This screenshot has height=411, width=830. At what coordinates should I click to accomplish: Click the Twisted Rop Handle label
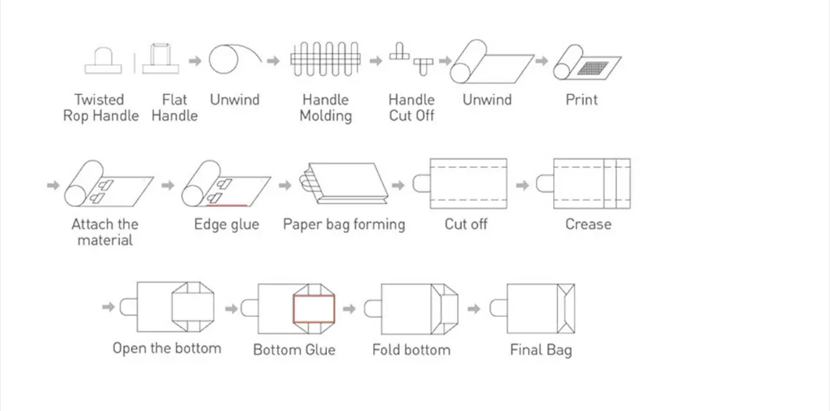pos(100,107)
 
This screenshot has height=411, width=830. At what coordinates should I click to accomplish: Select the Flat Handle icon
pos(161,58)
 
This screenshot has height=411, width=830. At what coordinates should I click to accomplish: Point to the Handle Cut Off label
pos(411,107)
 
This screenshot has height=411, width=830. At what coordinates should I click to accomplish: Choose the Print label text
pos(582,100)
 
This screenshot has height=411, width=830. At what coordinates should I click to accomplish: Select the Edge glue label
pos(227,224)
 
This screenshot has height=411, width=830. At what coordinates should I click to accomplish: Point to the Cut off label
pos(466,224)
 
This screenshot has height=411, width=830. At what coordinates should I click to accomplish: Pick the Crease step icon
pos(584,184)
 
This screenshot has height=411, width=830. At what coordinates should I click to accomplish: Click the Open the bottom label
pos(166,348)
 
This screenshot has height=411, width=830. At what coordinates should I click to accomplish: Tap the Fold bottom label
pos(411,349)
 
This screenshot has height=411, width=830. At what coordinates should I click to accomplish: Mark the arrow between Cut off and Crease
pos(522,185)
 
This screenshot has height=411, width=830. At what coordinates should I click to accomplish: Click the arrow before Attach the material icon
pos(53,185)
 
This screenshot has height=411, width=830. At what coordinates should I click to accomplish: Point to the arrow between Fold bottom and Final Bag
pos(474,307)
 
